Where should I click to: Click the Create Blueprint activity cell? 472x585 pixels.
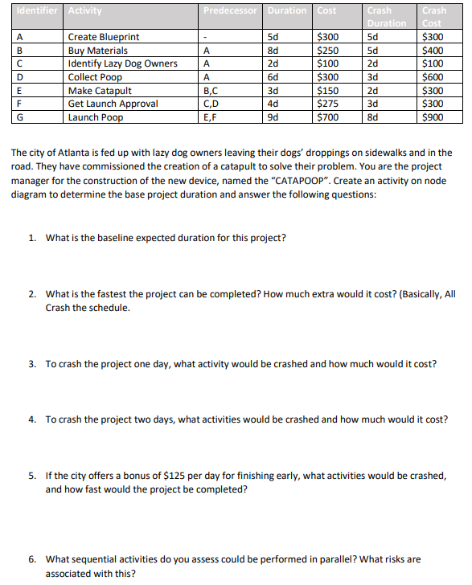[104, 37]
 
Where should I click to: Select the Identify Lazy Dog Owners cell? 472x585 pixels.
[123, 63]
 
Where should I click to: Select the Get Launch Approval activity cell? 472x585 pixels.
[113, 104]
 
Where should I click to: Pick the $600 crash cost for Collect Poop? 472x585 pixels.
[433, 77]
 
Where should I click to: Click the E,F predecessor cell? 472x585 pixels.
[210, 117]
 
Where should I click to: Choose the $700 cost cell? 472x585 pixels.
[328, 117]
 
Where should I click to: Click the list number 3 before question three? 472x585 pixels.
[32, 364]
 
